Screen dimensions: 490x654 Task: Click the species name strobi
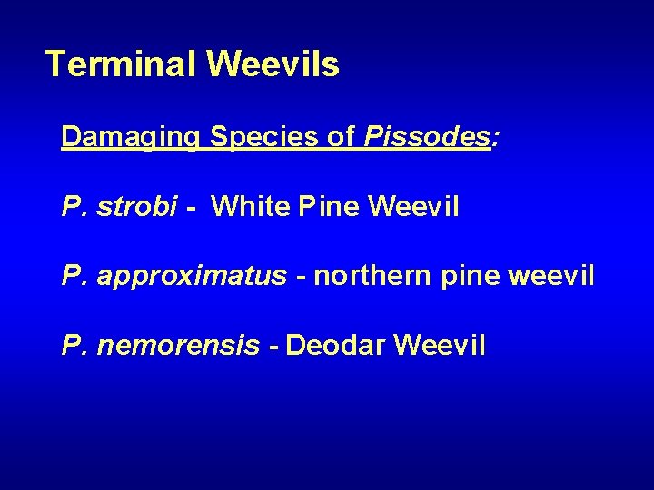point(136,207)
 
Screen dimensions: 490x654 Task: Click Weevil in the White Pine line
point(414,207)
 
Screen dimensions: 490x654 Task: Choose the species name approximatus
point(191,276)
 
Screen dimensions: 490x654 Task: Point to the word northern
point(373,276)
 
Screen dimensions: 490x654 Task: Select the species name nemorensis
point(178,345)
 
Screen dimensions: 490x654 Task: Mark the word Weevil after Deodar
point(441,345)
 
